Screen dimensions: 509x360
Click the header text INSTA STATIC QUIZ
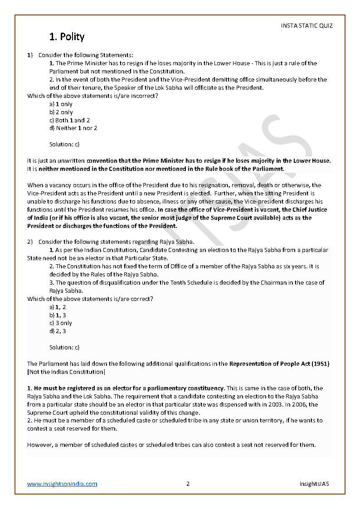[306, 25]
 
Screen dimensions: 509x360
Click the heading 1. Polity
[67, 37]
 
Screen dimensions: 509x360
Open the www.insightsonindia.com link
[62, 484]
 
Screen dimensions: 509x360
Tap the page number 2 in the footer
[188, 484]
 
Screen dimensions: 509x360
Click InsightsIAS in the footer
[314, 484]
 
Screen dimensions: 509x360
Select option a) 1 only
[61, 104]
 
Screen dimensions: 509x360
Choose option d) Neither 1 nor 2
[73, 128]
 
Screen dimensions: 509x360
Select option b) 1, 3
[58, 315]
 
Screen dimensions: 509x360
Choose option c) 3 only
[60, 323]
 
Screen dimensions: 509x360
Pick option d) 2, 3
[58, 331]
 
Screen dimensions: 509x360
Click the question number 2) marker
[30, 242]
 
